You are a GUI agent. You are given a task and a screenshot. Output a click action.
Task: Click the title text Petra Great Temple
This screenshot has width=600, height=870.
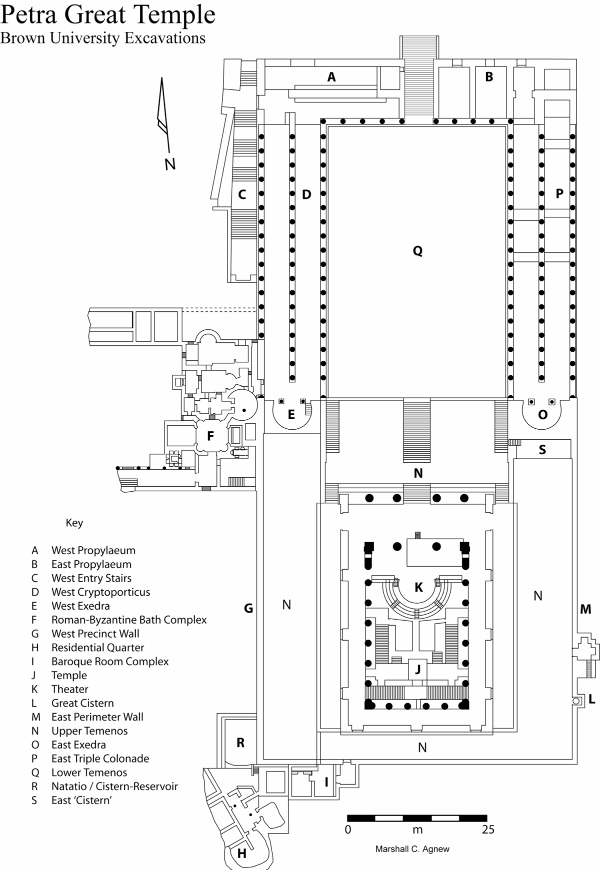(x=108, y=15)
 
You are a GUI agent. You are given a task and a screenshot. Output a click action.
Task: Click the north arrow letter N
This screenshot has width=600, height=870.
(x=170, y=164)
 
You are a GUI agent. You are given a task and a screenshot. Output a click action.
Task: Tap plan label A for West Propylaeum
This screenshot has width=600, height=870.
(x=331, y=77)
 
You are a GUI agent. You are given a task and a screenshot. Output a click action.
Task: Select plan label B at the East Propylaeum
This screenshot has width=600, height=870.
(x=489, y=77)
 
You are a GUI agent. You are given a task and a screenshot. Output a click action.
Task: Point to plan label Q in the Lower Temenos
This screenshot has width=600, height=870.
(x=417, y=251)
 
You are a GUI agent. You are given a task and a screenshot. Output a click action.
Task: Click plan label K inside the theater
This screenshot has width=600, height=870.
(x=419, y=587)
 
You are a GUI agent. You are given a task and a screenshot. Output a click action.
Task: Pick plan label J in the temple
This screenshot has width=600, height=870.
(x=417, y=669)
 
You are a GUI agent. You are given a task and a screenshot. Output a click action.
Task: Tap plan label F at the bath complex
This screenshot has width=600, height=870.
(x=210, y=436)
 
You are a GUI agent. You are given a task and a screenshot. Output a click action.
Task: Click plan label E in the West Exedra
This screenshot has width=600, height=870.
(x=291, y=414)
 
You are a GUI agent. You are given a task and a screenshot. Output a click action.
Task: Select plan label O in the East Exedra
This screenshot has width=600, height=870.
(x=542, y=414)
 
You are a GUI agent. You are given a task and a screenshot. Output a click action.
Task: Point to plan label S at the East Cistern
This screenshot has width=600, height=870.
(x=542, y=450)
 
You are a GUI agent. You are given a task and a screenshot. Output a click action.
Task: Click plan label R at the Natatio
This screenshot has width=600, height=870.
(x=240, y=743)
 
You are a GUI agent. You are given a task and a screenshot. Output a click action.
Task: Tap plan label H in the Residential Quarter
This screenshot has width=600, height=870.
(x=241, y=854)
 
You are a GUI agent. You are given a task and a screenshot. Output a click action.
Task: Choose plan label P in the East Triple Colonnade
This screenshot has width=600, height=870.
(x=559, y=193)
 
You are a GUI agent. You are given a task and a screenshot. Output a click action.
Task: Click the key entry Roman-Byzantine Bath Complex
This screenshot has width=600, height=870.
(x=129, y=620)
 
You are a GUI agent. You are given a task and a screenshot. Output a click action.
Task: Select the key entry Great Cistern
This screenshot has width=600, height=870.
(x=82, y=703)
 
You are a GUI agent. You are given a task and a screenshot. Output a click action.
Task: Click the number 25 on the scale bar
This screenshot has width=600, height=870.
(x=488, y=830)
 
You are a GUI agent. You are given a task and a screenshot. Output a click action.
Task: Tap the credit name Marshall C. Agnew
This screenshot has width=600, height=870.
(x=412, y=849)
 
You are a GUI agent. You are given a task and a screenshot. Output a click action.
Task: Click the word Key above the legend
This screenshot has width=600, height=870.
(x=74, y=523)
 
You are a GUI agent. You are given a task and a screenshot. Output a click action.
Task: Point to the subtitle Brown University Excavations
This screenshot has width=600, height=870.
(x=103, y=38)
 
